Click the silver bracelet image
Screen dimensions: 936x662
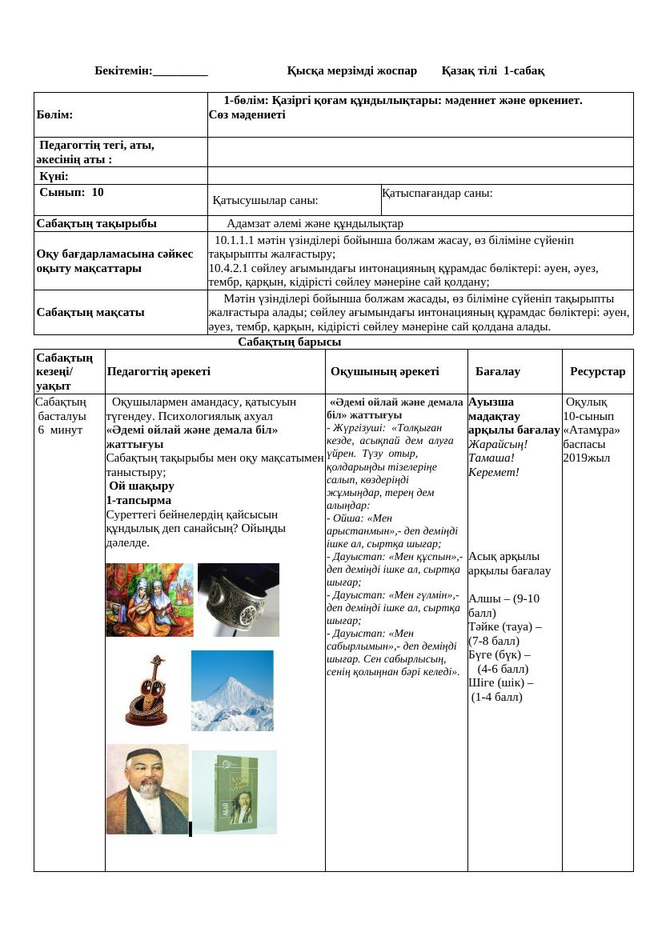[x=239, y=600]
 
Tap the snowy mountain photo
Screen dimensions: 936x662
[x=232, y=690]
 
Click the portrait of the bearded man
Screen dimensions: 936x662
[x=147, y=790]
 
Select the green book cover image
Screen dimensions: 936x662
[x=235, y=792]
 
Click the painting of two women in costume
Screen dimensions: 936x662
[x=150, y=600]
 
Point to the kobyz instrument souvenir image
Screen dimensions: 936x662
[x=146, y=690]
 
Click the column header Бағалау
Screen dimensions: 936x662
[x=497, y=372]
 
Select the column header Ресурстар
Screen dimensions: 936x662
[x=597, y=372]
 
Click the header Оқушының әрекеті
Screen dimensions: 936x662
[x=384, y=372]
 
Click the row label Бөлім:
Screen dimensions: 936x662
[x=54, y=115]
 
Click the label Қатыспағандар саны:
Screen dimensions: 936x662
[x=437, y=194]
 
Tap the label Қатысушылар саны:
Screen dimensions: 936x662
[x=265, y=201]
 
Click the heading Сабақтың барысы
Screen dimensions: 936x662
[x=289, y=342]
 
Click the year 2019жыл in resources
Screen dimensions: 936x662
[x=586, y=458]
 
